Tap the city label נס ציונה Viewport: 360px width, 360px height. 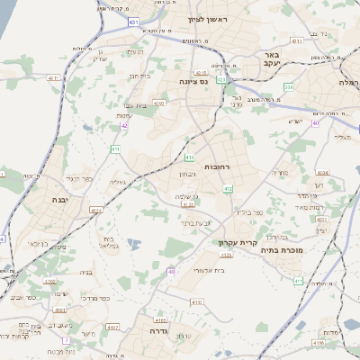click(191, 80)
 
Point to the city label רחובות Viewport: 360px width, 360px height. click(220, 166)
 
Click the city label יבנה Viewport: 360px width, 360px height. click(60, 199)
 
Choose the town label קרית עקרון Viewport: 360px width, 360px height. click(237, 243)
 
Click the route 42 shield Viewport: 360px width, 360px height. click(124, 126)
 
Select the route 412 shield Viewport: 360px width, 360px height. click(229, 188)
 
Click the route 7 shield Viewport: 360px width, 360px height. click(66, 339)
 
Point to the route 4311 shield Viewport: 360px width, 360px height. click(297, 40)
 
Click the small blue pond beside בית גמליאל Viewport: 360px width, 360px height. click(133, 244)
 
